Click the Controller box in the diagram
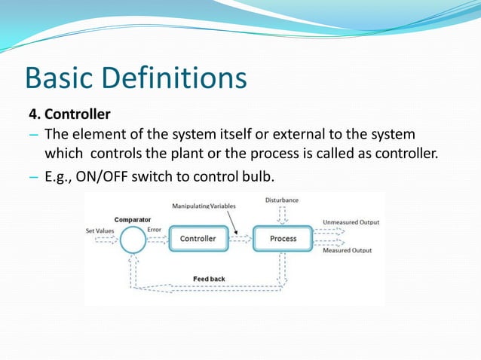click(x=198, y=239)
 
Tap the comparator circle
click(x=133, y=240)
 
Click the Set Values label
click(x=100, y=231)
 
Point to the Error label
click(x=155, y=230)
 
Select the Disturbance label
click(x=281, y=200)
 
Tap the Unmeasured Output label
click(x=351, y=223)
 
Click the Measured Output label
click(x=347, y=251)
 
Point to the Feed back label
click(x=209, y=279)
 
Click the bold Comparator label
click(x=132, y=220)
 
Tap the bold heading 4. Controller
click(x=69, y=115)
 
